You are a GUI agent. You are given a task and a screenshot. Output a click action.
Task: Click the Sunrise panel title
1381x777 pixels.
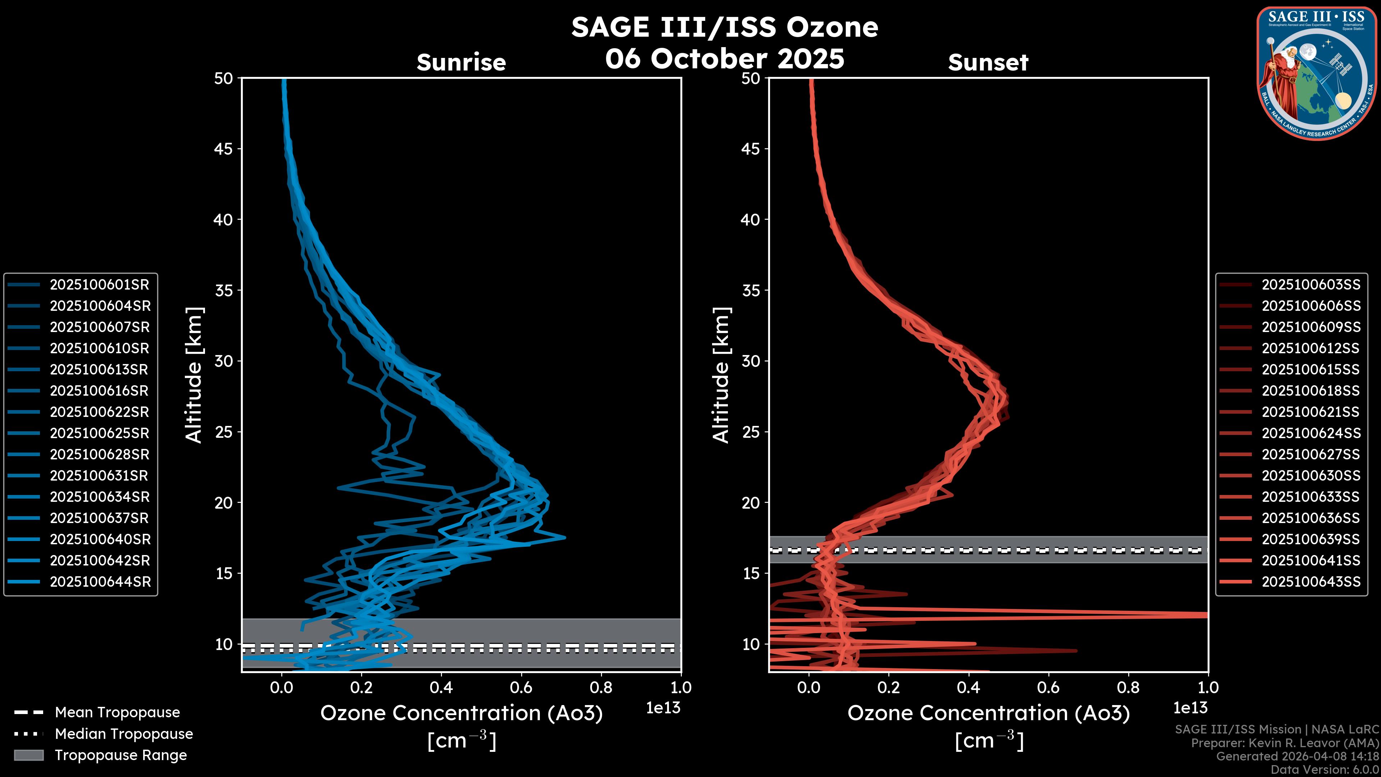point(461,63)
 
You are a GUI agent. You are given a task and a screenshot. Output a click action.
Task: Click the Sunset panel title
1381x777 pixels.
point(988,63)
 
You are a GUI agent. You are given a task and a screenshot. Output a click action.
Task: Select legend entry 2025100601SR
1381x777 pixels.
point(99,285)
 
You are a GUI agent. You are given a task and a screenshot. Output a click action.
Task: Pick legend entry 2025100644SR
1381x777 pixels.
point(100,582)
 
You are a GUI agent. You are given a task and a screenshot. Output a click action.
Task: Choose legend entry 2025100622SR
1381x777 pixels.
point(99,412)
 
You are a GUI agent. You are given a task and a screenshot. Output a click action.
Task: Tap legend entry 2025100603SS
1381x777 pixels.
point(1311,285)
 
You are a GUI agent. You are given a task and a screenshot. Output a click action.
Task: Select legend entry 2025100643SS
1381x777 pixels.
point(1311,582)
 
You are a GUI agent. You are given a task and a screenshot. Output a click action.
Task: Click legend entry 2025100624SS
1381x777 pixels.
point(1311,433)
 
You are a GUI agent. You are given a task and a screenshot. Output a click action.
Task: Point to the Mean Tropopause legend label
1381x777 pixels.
point(117,712)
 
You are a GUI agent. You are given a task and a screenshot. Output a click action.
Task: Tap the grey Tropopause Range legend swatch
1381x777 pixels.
point(28,755)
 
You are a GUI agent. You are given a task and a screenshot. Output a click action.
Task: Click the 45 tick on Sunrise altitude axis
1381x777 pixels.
point(224,149)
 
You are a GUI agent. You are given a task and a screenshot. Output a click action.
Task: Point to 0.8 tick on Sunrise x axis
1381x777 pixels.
point(601,687)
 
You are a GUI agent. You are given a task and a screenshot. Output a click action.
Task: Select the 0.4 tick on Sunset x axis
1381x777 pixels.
point(968,687)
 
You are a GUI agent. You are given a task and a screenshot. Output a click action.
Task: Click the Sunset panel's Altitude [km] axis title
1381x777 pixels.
point(721,375)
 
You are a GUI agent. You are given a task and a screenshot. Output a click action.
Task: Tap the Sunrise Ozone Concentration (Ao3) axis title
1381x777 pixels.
point(461,714)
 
